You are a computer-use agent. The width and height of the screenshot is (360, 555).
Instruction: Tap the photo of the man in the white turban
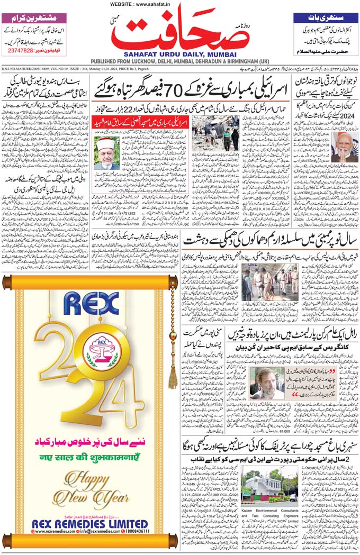point(106,153)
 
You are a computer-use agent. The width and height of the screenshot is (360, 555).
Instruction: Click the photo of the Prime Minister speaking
point(345,147)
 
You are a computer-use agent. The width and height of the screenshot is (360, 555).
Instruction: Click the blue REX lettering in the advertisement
point(91,303)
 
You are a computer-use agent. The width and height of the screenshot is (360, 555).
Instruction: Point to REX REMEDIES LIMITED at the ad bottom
point(91,523)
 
